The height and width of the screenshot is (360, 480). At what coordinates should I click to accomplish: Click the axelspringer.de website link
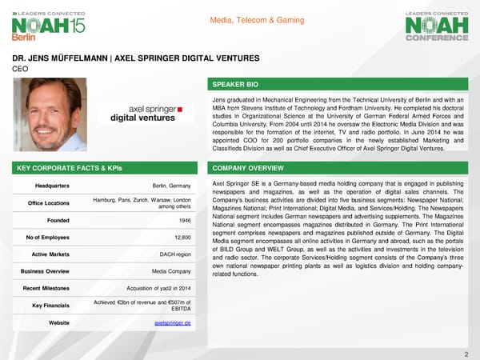tap(174, 322)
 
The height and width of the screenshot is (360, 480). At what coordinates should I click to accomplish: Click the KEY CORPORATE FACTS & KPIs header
tap(65, 169)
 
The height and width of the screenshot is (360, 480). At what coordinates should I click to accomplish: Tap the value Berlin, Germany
tap(172, 186)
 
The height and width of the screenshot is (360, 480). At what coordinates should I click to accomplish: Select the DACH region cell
tap(175, 255)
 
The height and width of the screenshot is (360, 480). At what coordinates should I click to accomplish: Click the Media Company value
tap(170, 271)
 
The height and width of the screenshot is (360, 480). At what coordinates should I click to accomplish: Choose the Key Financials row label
tap(48, 305)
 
